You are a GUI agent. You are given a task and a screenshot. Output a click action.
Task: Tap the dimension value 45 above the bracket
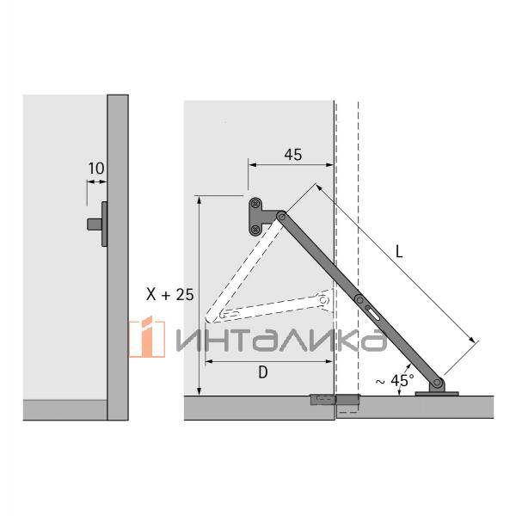click(292, 156)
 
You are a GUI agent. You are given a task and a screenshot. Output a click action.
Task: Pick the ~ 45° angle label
click(395, 379)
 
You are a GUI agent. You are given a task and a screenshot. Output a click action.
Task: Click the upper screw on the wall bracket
click(255, 205)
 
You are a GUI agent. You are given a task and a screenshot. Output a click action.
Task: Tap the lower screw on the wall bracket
click(255, 229)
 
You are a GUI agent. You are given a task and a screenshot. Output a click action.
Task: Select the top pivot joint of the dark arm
click(281, 218)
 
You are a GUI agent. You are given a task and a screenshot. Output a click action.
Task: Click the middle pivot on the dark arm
click(359, 299)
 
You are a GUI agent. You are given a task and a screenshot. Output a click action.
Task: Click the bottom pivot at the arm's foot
click(439, 382)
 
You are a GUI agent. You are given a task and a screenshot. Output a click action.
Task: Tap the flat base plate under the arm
click(439, 393)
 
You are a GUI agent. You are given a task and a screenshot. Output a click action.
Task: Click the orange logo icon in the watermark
click(147, 337)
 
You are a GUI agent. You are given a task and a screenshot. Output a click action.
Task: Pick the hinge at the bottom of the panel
click(333, 401)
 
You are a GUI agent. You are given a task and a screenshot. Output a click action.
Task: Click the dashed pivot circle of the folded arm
click(323, 300)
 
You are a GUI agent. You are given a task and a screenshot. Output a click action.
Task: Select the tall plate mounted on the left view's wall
click(104, 224)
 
